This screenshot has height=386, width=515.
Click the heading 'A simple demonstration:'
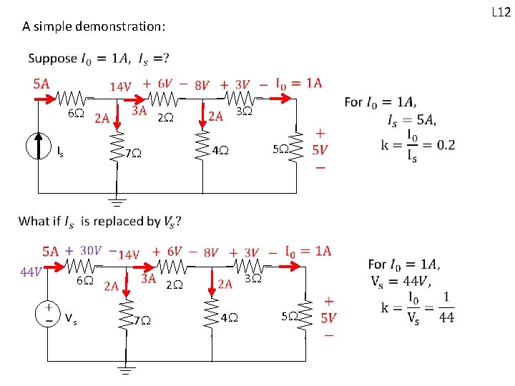click(94, 27)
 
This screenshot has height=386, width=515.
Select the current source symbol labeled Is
click(39, 146)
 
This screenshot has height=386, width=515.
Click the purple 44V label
click(29, 271)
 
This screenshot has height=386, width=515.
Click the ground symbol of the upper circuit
click(115, 201)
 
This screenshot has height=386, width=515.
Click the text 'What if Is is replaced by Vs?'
click(99, 221)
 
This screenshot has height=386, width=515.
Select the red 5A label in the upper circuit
click(41, 82)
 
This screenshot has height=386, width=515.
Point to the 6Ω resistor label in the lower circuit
click(84, 281)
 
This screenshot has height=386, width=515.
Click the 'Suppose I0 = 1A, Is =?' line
click(99, 58)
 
